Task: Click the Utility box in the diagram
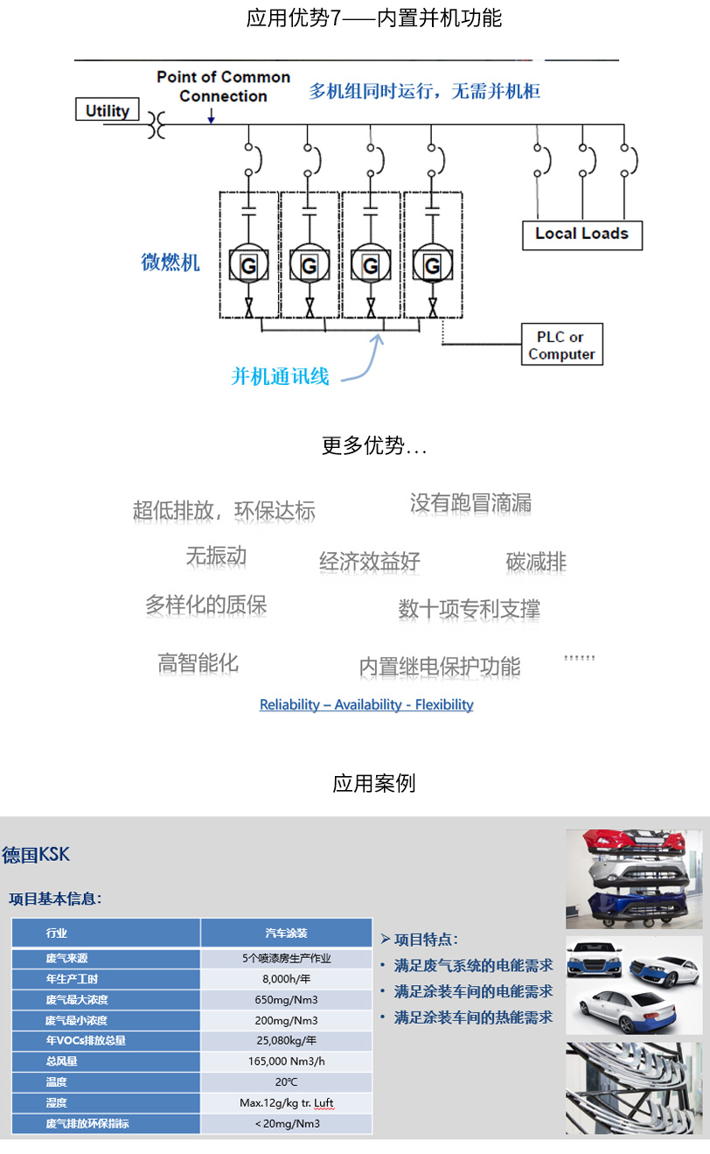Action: [108, 111]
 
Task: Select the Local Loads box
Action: [581, 234]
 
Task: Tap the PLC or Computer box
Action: [561, 346]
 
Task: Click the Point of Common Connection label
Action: [223, 87]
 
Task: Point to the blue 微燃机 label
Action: [171, 262]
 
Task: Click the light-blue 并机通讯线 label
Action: [280, 376]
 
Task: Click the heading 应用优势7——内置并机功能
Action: [374, 18]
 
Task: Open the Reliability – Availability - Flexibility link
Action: [366, 704]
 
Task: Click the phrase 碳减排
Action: [536, 562]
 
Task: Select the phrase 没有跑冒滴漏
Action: [470, 503]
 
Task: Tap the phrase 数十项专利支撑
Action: [469, 609]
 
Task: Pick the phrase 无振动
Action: [216, 556]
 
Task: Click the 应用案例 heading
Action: [373, 783]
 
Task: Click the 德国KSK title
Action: [36, 855]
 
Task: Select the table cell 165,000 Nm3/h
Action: [286, 1061]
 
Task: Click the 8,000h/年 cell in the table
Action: [286, 979]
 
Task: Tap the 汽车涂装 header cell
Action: [286, 933]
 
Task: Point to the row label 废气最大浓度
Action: [77, 999]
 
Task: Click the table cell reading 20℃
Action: [286, 1082]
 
